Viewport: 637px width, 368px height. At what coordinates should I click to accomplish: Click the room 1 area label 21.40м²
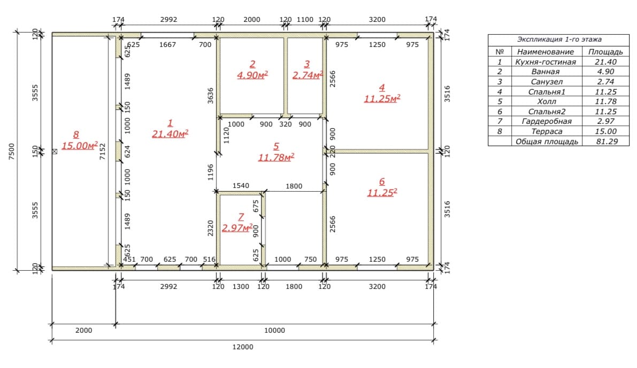click(x=170, y=134)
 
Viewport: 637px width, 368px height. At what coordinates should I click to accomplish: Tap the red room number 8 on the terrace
click(x=76, y=135)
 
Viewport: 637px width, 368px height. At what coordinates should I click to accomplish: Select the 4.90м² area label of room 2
click(x=252, y=75)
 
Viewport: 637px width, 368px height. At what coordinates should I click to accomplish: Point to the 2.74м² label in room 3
click(x=308, y=75)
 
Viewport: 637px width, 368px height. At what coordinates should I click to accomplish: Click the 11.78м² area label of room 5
click(x=277, y=158)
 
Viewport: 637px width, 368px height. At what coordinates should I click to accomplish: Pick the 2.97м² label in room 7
click(x=237, y=228)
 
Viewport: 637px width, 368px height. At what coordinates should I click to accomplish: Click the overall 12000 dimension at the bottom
click(x=242, y=347)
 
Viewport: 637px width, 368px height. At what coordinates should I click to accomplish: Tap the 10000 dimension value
click(x=274, y=330)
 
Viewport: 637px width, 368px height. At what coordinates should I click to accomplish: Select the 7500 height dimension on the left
click(x=11, y=151)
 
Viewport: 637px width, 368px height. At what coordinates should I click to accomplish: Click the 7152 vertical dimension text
click(x=102, y=151)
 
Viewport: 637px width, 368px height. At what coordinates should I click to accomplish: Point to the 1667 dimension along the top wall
click(x=167, y=45)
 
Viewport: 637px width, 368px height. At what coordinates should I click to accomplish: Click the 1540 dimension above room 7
click(x=241, y=185)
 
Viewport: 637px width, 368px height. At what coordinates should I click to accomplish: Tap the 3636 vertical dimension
click(x=210, y=96)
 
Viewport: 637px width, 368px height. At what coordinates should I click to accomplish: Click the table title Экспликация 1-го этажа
click(x=559, y=40)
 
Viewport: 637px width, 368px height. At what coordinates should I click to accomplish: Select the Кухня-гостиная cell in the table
click(x=546, y=62)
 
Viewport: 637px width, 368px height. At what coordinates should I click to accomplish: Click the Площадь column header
click(x=605, y=52)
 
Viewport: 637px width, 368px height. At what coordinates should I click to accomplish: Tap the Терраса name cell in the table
click(x=547, y=131)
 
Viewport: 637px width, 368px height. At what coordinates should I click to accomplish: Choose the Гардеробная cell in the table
click(x=547, y=121)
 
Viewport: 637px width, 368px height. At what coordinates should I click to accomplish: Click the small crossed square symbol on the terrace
click(x=55, y=151)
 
